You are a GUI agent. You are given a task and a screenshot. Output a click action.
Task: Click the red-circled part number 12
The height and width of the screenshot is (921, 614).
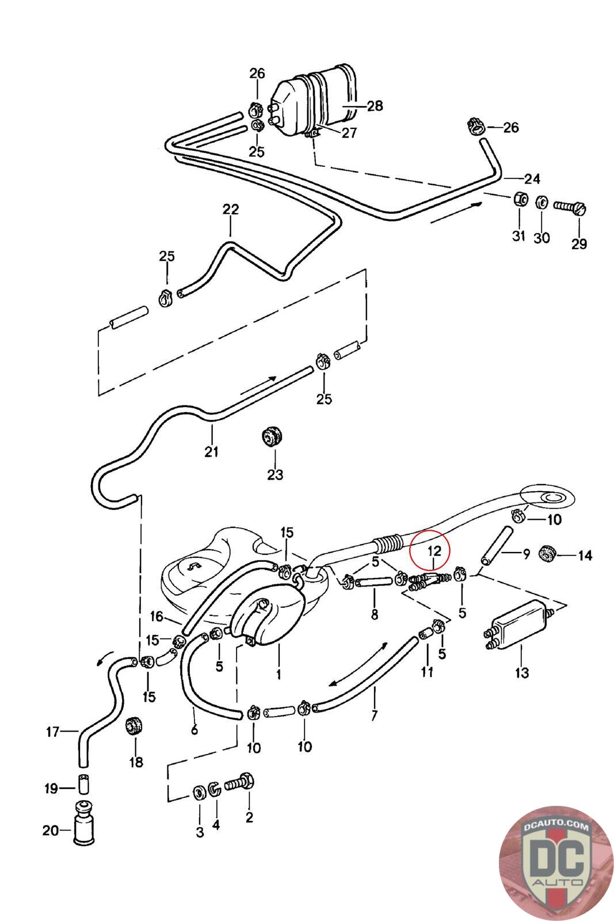click(433, 551)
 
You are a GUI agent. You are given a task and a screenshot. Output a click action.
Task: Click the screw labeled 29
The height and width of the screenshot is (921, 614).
click(571, 206)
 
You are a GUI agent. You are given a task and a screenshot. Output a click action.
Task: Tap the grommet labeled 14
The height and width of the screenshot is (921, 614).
click(546, 553)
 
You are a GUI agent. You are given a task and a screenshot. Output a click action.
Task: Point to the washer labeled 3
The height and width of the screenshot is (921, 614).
click(199, 793)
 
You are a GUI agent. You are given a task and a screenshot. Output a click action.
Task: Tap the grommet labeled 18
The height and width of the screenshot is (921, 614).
click(135, 725)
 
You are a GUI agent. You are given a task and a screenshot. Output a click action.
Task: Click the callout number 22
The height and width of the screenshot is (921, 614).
click(230, 210)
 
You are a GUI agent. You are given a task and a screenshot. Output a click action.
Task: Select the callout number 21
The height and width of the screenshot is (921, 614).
click(212, 452)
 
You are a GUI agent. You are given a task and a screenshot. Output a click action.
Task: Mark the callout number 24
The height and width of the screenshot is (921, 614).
click(532, 179)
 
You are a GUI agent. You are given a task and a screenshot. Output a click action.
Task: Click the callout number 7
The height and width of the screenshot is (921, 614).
click(375, 716)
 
